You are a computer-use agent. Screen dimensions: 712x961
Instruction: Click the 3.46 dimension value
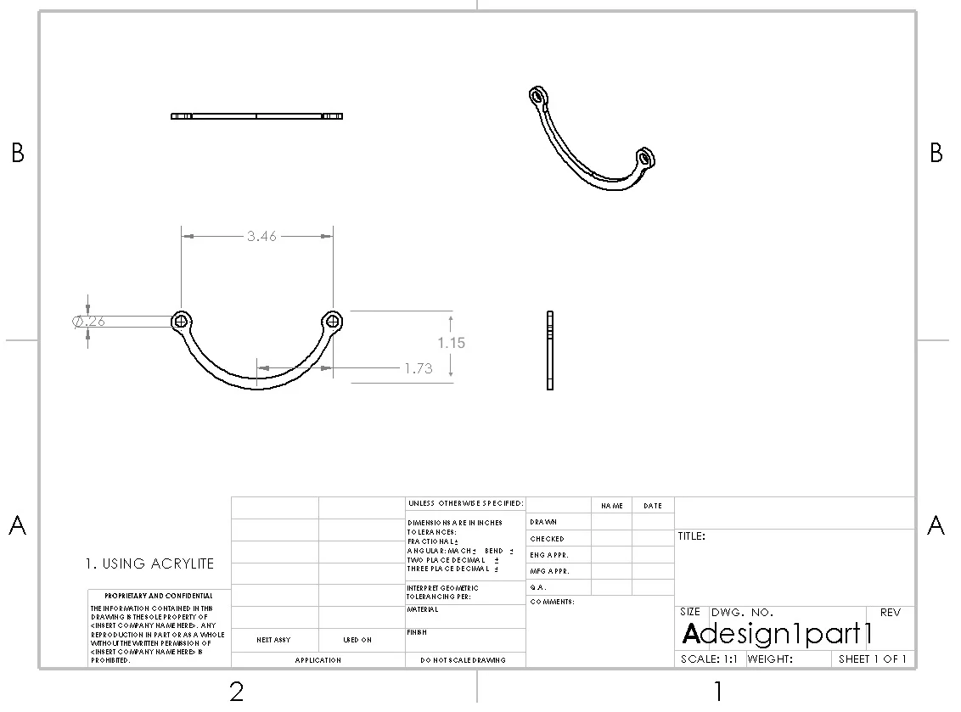click(x=261, y=237)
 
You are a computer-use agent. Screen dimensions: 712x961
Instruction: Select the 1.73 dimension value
click(x=418, y=368)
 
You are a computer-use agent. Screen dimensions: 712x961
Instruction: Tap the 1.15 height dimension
click(x=452, y=343)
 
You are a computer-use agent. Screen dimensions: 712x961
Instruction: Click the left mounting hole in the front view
click(x=181, y=321)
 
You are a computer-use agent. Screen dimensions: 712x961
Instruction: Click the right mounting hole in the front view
click(x=332, y=321)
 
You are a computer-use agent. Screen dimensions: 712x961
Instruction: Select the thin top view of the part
click(x=256, y=116)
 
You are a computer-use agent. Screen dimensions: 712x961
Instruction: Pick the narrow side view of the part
click(x=550, y=350)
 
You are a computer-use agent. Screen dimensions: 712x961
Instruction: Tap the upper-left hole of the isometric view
click(x=537, y=96)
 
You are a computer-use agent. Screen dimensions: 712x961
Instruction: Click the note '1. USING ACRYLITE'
click(x=149, y=563)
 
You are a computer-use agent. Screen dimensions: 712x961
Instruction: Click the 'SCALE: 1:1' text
click(x=709, y=659)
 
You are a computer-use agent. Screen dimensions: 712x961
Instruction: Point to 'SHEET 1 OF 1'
click(x=872, y=659)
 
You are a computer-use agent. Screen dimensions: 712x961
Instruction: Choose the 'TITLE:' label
click(x=691, y=536)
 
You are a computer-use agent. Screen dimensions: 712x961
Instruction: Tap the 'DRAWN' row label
click(x=543, y=522)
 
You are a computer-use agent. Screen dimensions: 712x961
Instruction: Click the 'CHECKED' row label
click(x=547, y=539)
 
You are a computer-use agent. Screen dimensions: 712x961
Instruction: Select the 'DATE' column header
click(x=652, y=506)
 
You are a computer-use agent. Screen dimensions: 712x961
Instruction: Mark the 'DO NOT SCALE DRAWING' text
click(x=464, y=660)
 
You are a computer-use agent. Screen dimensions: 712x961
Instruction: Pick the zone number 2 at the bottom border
click(x=237, y=692)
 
